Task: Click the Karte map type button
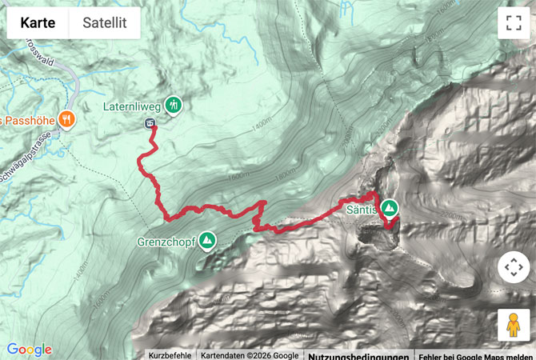point(38,23)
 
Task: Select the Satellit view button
point(105,23)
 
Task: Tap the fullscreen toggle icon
point(513,23)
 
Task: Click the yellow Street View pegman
point(513,325)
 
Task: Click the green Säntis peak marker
point(390,208)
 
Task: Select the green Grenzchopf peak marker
point(208,239)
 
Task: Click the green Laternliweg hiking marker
point(174,104)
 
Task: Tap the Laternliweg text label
point(132,105)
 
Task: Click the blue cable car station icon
point(150,122)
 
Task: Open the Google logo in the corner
point(29,350)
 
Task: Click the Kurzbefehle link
point(170,355)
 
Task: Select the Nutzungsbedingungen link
point(358,355)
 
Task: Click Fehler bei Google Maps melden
point(475,355)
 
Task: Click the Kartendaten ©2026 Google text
point(249,355)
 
